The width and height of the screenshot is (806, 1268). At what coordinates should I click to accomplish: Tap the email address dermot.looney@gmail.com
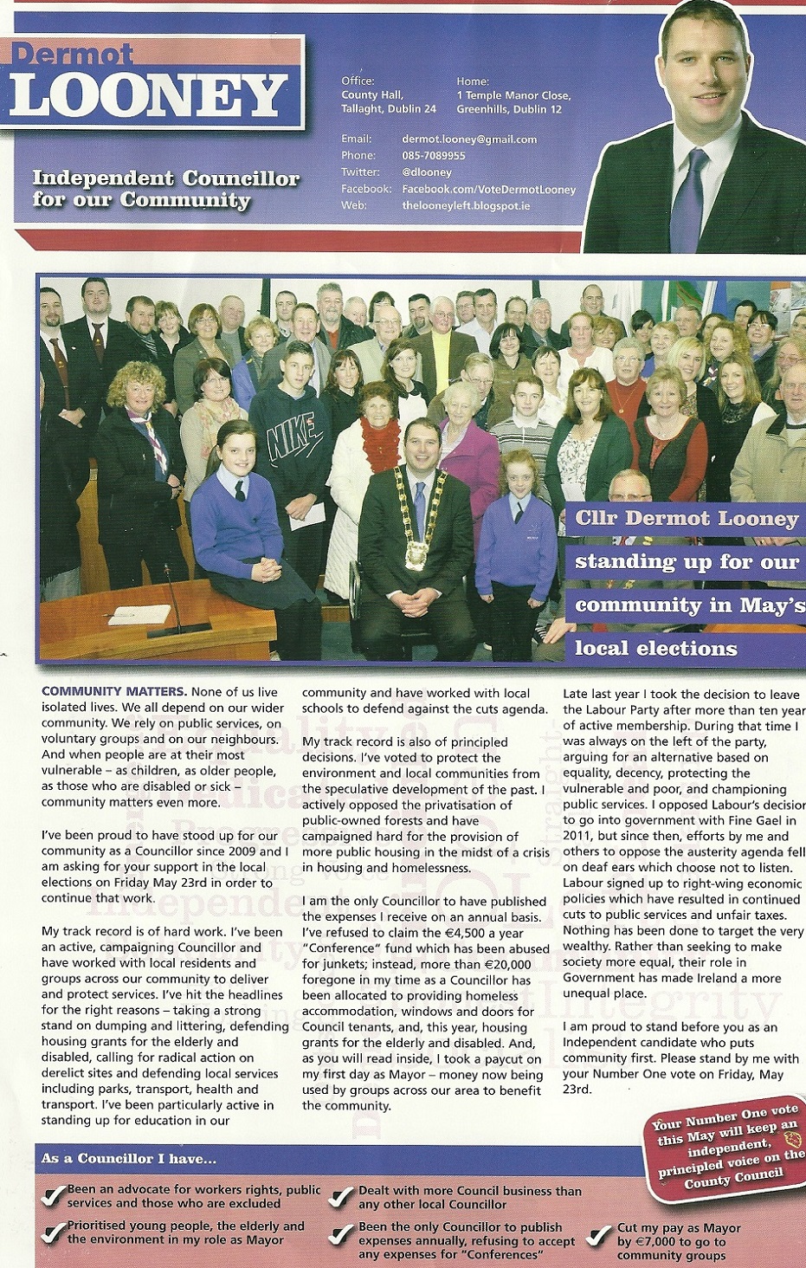(x=469, y=139)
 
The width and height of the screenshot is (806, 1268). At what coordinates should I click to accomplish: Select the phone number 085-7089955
(x=433, y=156)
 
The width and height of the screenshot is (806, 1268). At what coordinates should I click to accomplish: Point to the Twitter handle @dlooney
(x=427, y=172)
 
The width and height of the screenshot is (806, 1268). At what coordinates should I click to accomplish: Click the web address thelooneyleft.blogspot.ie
(x=466, y=206)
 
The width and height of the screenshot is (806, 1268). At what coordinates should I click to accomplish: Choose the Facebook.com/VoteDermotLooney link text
(x=488, y=189)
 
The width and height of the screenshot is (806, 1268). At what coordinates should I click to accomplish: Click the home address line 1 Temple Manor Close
(x=513, y=95)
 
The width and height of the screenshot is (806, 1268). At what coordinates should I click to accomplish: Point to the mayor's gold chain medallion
(x=417, y=553)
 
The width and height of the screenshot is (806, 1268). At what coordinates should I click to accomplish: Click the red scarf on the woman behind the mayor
(x=381, y=441)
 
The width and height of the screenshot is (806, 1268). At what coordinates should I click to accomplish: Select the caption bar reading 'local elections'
(x=656, y=648)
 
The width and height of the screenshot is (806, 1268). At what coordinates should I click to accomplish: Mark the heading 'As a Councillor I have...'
(x=129, y=1158)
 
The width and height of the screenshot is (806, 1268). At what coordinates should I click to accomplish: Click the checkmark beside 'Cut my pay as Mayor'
(x=599, y=1236)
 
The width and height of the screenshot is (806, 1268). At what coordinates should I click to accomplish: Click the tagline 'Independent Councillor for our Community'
(x=165, y=189)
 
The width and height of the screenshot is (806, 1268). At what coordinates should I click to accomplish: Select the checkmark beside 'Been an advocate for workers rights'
(x=55, y=1196)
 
